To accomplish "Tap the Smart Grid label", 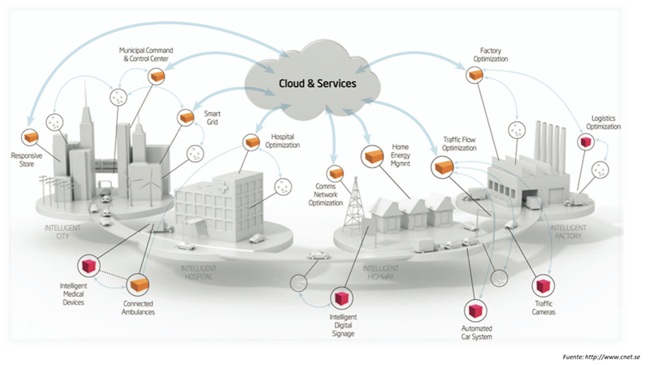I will [214, 119].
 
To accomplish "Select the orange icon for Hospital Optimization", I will [250, 141].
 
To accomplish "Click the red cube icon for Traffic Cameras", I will [543, 287].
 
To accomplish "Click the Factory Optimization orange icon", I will [475, 74].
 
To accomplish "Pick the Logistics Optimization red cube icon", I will [584, 141].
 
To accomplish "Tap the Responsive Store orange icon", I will [31, 136].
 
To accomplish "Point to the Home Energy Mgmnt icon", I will [374, 154].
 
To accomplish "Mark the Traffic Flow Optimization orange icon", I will [443, 167].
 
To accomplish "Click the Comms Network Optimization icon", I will [334, 173].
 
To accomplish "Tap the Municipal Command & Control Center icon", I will [157, 75].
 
